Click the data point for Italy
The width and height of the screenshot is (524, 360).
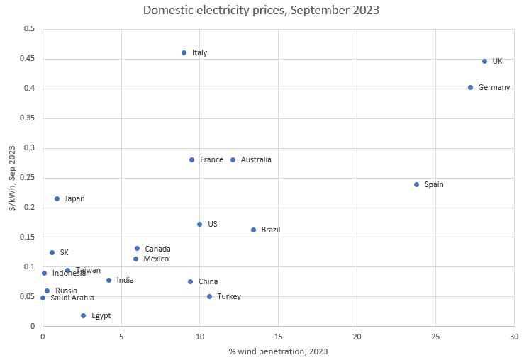pos(184,53)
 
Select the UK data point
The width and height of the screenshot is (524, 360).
pos(485,62)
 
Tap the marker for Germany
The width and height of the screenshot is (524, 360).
pos(470,88)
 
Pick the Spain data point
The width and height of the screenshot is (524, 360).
pos(416,185)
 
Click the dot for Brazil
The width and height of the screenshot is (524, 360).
pos(253,230)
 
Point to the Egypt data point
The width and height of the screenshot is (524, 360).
pos(83,316)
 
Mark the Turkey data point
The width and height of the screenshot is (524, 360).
pos(209,297)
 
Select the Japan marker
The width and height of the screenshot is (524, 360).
pos(57,199)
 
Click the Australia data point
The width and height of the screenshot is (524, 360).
pos(233,160)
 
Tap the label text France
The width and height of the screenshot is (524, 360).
pos(211,160)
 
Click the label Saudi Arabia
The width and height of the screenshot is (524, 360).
pos(72,298)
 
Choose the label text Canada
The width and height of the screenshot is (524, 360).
pos(157,249)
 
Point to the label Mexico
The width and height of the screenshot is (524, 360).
pos(156,259)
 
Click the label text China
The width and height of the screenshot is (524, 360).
pos(208,282)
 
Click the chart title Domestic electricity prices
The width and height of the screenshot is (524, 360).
pos(262,11)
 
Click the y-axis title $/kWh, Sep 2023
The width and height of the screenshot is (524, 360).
pos(11,178)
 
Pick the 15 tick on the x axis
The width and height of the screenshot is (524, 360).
pos(278,335)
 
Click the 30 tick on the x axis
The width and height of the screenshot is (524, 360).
pos(513,335)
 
